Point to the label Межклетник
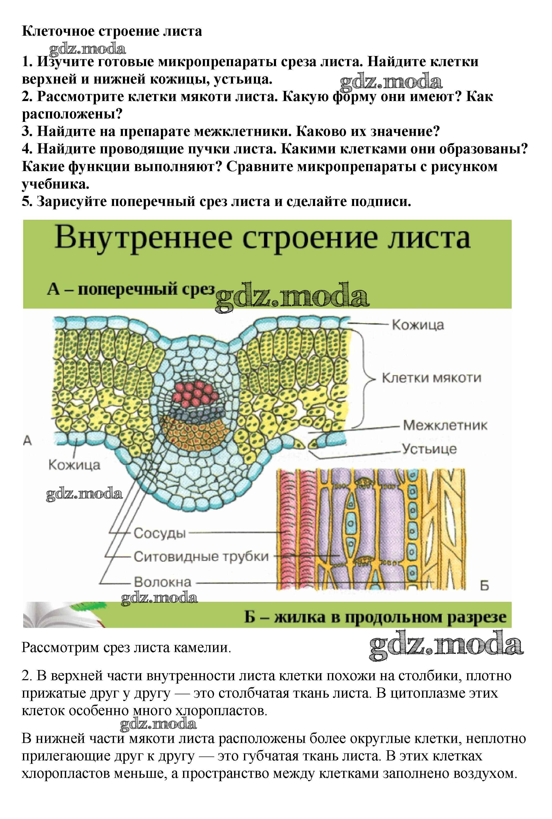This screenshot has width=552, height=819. pos(445,425)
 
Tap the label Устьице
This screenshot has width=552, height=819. pos(429,449)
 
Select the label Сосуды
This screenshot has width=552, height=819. pos(159,533)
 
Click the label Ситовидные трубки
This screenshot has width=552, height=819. pos(201,557)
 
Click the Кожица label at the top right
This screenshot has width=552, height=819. pos(418,325)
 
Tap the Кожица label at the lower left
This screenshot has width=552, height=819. pos(74,465)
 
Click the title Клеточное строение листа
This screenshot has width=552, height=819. pos(112,31)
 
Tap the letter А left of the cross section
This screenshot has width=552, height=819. pos(27,440)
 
